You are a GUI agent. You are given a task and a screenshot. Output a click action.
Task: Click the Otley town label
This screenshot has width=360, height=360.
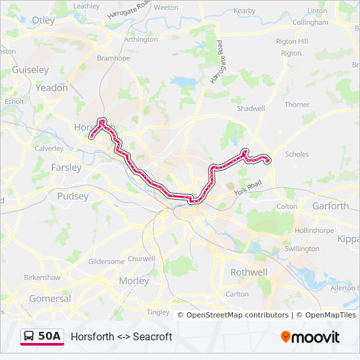point(43,20)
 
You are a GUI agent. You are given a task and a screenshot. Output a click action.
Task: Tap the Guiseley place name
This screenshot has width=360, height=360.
point(30,69)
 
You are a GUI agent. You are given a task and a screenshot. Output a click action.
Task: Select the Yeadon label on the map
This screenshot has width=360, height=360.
point(52,87)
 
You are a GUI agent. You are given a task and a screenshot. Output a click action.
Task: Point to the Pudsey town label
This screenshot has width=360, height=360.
point(73,196)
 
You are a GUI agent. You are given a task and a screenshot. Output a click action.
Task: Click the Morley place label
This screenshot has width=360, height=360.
point(134,281)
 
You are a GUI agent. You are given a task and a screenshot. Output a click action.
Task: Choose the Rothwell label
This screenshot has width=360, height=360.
point(249,272)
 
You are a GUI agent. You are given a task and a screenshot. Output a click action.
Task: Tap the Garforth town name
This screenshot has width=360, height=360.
point(331,206)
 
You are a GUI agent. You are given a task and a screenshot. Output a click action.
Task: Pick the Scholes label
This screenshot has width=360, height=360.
point(297,155)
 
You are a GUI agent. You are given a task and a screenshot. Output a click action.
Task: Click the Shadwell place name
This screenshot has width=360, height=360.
point(251,108)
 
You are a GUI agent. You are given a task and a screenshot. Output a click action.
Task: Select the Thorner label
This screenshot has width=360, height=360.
point(297,105)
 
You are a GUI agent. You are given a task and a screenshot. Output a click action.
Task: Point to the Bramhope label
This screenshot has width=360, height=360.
point(114,58)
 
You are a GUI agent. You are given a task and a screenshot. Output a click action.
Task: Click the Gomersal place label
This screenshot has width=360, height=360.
point(50,298)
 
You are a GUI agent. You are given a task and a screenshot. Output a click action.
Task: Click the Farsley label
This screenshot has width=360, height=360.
point(66,168)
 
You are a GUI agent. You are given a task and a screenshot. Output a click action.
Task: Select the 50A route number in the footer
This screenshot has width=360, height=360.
point(50,336)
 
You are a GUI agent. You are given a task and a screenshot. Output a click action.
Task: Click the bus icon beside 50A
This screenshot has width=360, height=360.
point(29,336)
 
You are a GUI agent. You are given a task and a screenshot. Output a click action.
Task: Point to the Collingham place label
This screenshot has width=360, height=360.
point(310,22)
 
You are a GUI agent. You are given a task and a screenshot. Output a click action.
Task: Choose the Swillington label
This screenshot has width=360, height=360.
point(302,249)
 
